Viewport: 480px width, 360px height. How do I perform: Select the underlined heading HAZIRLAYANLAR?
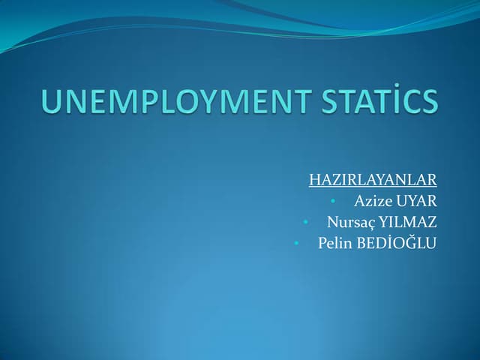coord(373,180)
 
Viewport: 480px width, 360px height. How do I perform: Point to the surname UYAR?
coord(417,201)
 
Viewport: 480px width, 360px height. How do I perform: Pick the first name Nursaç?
coord(351,222)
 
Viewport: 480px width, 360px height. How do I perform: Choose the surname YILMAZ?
coord(409,222)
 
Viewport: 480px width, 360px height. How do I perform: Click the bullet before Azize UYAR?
coord(331,202)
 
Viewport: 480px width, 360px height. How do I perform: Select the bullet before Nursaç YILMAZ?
coord(306,223)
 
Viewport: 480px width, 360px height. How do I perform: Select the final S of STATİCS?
coord(429,103)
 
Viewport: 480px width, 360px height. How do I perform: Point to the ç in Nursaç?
coord(372,223)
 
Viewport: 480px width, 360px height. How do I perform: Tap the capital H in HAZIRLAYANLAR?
coord(314,180)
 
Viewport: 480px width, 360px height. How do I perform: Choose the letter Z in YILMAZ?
coord(431,222)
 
